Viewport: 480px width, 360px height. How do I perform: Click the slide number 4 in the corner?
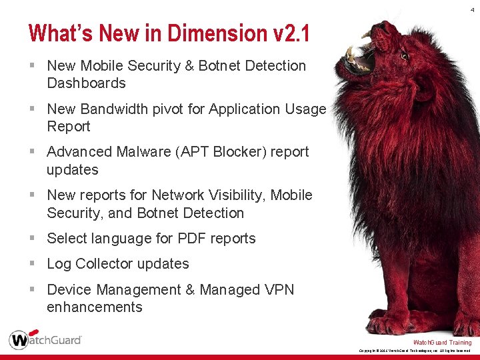pos(473,9)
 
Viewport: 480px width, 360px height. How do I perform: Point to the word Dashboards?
pos(86,83)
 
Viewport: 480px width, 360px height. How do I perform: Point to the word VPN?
pos(279,290)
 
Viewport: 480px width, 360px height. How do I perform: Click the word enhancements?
pos(95,307)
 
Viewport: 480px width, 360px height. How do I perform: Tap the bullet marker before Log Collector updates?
pos(33,264)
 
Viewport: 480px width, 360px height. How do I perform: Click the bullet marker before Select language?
pos(33,239)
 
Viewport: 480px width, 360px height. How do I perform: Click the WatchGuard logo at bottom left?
pos(45,339)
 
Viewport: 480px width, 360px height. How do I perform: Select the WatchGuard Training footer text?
pos(442,343)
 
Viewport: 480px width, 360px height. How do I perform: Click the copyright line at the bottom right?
pos(415,351)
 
